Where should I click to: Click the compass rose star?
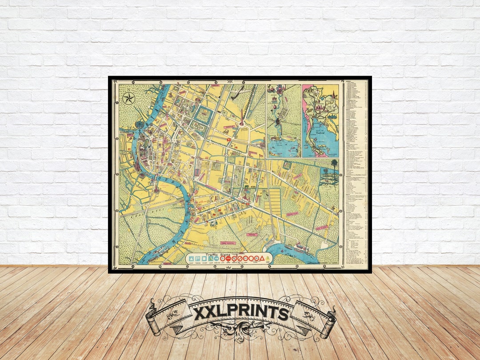point(129,98)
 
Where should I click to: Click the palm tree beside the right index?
point(334,165)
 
